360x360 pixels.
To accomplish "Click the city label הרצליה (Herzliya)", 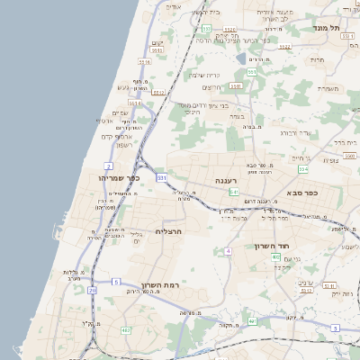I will tap(169, 231).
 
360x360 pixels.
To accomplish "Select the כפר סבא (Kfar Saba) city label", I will tap(306, 193).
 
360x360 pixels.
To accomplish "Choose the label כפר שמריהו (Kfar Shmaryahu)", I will tap(121, 177).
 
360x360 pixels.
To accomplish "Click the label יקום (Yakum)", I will tap(157, 43).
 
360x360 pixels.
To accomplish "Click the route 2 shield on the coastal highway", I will tap(109, 166).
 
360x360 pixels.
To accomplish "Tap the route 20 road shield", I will tap(93, 290).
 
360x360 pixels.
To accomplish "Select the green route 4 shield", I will tap(229, 250).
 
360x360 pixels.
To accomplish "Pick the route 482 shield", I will tap(125, 330).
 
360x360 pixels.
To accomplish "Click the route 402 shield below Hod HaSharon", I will tap(306, 289).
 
